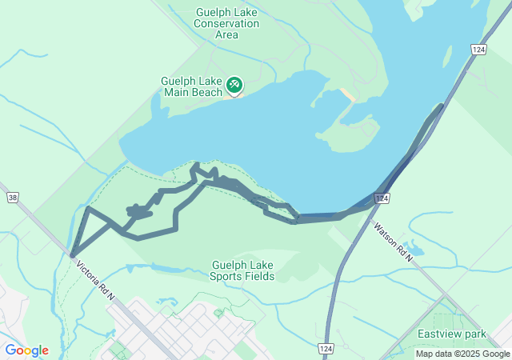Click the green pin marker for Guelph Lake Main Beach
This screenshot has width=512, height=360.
tap(234, 84)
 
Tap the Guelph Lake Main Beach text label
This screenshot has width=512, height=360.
tap(191, 86)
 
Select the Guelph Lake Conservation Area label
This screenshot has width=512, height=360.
tap(227, 23)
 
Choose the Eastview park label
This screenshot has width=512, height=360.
tap(452, 334)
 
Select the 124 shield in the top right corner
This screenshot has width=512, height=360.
tap(478, 50)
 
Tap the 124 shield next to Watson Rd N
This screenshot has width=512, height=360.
tap(382, 197)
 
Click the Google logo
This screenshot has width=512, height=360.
tap(26, 350)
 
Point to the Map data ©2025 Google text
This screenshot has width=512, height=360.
tap(462, 354)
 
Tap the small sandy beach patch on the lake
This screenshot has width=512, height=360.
tap(349, 94)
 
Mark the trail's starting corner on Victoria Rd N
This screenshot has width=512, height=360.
tap(73, 255)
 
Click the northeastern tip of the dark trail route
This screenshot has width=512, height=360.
tap(441, 106)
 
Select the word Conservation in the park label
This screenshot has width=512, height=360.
tap(227, 23)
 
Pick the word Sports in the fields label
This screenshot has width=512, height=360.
tap(228, 277)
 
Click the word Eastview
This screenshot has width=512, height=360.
tap(438, 334)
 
